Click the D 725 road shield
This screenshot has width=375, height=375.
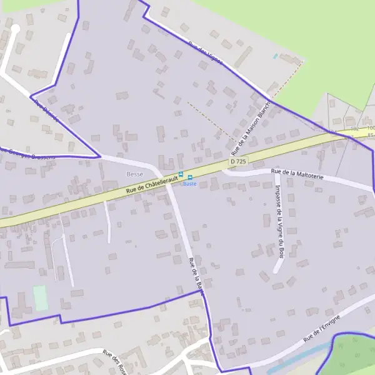[x=237, y=161]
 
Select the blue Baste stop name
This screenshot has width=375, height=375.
[x=189, y=184]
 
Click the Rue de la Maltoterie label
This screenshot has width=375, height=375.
[x=297, y=174]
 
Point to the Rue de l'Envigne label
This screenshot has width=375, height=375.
[x=321, y=329]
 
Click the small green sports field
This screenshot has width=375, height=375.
[x=40, y=298]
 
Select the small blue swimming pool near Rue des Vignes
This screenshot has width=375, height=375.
[x=275, y=56]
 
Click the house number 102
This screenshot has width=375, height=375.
[x=354, y=127]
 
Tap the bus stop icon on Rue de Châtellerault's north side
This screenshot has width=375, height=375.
[x=181, y=174]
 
